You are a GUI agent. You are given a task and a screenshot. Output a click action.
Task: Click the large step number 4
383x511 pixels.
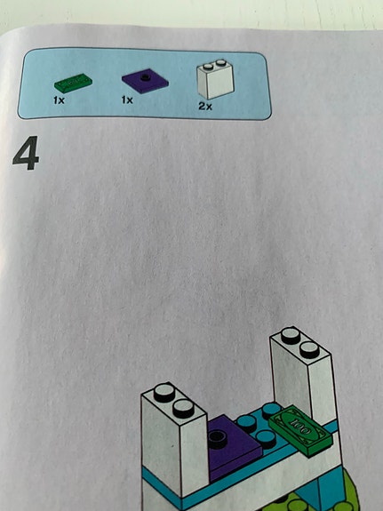pyautogui.click(x=26, y=153)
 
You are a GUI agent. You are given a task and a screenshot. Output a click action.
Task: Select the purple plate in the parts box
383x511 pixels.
pyautogui.click(x=145, y=81)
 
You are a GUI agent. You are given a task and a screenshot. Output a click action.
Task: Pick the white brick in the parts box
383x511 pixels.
pyautogui.click(x=215, y=79)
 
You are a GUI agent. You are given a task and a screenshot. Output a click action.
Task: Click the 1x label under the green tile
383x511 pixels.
pyautogui.click(x=59, y=100)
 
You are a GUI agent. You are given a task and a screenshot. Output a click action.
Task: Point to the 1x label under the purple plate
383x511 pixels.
pyautogui.click(x=127, y=100)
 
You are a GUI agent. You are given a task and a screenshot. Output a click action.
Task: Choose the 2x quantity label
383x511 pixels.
pyautogui.click(x=205, y=107)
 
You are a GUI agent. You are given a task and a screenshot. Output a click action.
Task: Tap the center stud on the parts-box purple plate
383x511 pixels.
pyautogui.click(x=145, y=77)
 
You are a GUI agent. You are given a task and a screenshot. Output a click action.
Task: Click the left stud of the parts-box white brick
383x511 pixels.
pyautogui.click(x=208, y=67)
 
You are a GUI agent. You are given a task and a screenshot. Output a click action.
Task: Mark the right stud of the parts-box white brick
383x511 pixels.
pyautogui.click(x=220, y=62)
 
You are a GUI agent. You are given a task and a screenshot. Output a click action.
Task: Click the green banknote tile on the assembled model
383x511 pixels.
pyautogui.click(x=300, y=430)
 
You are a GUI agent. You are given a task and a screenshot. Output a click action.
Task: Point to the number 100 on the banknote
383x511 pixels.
pyautogui.click(x=299, y=427)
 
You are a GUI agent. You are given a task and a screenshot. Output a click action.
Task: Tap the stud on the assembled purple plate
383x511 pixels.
pyautogui.click(x=218, y=437)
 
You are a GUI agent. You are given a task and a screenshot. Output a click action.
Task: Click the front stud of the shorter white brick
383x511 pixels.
pyautogui.click(x=184, y=409)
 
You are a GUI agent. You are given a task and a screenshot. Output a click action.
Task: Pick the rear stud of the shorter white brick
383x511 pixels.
pyautogui.click(x=164, y=393)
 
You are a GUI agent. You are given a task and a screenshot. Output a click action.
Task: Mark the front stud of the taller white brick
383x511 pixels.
pyautogui.click(x=309, y=350)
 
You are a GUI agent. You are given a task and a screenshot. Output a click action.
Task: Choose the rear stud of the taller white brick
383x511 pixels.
pyautogui.click(x=291, y=336)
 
